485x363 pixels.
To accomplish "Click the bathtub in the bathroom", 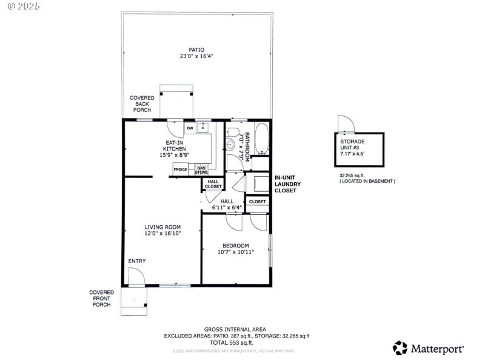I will click(261, 139).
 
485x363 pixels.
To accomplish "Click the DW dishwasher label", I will click(190, 128).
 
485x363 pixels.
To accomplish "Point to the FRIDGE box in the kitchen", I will click(181, 169).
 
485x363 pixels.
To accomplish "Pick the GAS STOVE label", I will click(201, 170).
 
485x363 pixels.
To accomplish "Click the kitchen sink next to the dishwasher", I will click(203, 128).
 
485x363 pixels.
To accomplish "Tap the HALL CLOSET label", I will click(213, 184).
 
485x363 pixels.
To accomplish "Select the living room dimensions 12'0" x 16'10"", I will click(162, 233).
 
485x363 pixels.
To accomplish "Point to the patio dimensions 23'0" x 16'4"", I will click(196, 56).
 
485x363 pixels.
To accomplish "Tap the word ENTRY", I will click(136, 261).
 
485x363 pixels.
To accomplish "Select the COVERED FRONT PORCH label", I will click(101, 298).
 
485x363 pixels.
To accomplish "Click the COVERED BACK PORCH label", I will click(141, 103).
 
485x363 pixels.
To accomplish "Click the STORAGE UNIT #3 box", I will click(360, 148).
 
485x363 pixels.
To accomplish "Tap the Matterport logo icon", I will click(400, 348).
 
